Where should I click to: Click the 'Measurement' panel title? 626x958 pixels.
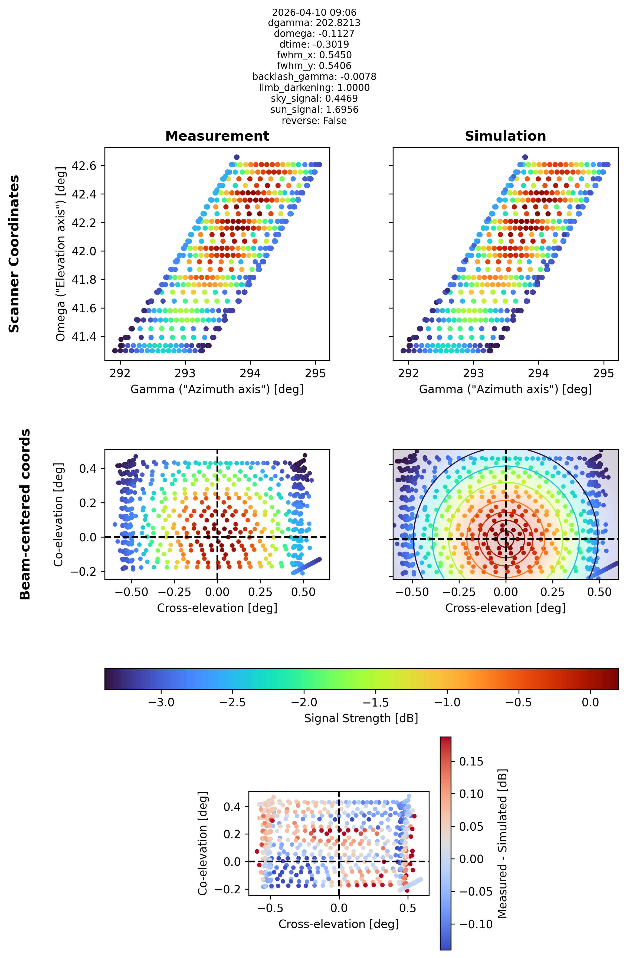pos(217,136)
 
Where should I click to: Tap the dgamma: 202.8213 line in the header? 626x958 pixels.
pos(314,23)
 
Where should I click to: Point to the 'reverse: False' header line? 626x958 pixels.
pos(314,121)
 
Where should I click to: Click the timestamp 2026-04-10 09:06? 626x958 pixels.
pos(314,12)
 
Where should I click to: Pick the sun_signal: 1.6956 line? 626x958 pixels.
pos(314,110)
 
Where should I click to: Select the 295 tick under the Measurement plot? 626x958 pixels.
pos(315,373)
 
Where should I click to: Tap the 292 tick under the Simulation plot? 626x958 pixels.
pos(408,373)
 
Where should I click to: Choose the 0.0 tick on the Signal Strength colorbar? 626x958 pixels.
pos(590,702)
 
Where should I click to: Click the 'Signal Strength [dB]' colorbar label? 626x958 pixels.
pos(361,718)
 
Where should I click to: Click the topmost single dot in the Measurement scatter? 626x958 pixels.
pos(237,157)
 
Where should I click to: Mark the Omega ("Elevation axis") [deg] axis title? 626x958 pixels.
pos(60,254)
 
